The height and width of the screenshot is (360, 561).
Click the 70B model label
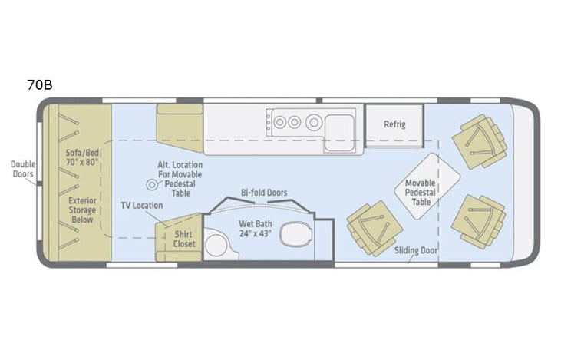(40, 84)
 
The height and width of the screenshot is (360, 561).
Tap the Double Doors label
(22, 170)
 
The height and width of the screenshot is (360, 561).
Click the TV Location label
(141, 206)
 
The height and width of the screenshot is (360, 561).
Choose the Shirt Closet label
(184, 239)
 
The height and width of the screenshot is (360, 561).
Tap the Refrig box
(394, 124)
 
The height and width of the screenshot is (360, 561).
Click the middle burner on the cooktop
(292, 121)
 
